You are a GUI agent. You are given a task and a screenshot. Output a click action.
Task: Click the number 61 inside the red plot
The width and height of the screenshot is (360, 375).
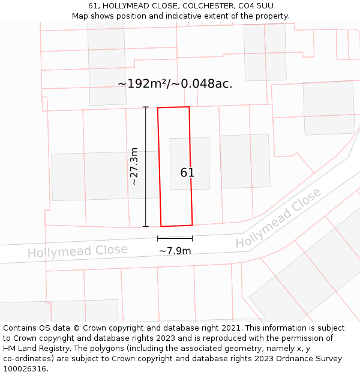click(187, 173)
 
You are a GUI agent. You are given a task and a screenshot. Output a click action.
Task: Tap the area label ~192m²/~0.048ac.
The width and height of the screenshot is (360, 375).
click(175, 84)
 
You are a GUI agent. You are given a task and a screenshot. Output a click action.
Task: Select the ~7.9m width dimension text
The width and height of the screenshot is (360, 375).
click(175, 251)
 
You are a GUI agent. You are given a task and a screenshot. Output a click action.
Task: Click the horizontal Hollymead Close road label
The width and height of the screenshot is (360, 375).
click(77, 251)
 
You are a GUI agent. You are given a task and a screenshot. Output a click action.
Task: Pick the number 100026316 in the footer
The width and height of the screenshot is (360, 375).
click(25, 369)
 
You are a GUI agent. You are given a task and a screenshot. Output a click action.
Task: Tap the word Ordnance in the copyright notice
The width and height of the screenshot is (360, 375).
click(287, 359)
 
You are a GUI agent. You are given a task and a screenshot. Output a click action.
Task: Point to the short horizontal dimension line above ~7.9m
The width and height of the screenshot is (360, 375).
click(175, 238)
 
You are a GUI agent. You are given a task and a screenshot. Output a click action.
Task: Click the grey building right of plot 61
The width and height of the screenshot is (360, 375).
click(245, 161)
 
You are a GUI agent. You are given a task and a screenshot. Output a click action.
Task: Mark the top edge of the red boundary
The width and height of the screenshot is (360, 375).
click(173, 107)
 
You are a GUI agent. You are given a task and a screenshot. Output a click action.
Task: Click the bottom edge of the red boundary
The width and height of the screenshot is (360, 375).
click(176, 226)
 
